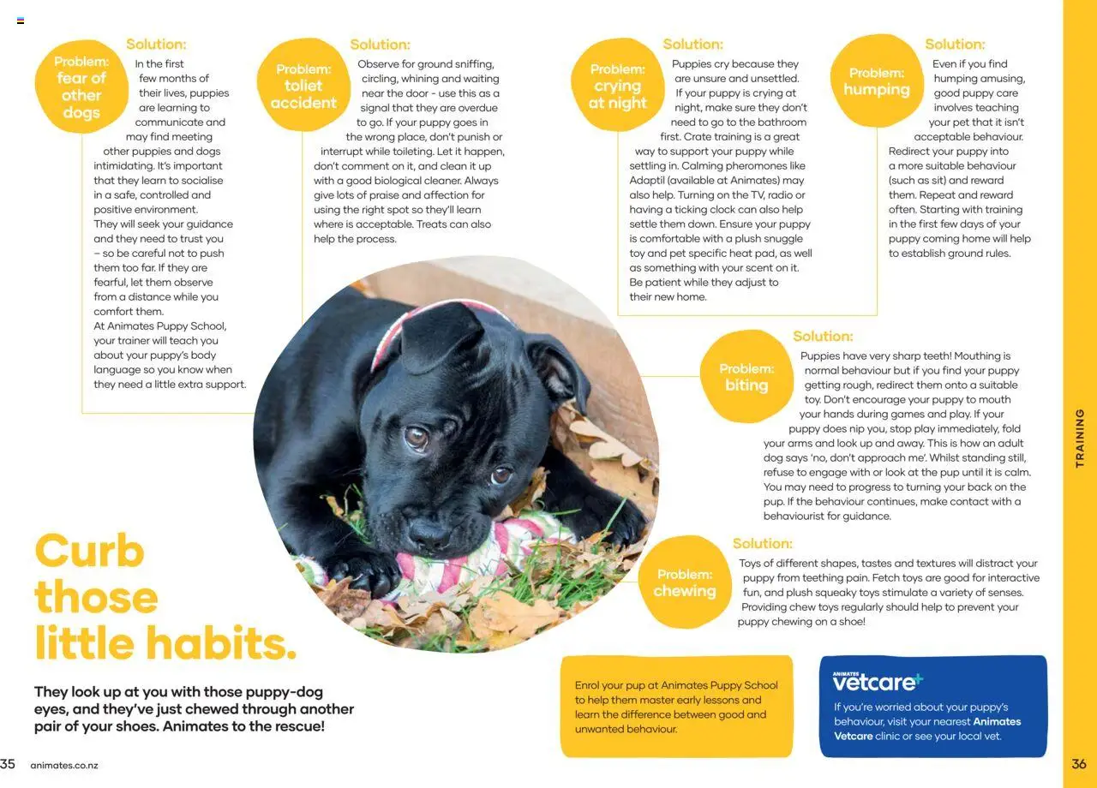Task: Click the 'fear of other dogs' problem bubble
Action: (81, 87)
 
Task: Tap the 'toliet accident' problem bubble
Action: (303, 86)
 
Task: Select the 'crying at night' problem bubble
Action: (617, 86)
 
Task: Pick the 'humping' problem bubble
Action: (876, 81)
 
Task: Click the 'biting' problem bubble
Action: (746, 377)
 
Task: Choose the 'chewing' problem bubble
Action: (685, 582)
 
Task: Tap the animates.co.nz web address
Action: (64, 765)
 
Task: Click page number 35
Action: (8, 764)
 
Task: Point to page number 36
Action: (1079, 764)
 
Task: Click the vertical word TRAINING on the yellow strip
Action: (1080, 438)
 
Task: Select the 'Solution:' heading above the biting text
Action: (823, 337)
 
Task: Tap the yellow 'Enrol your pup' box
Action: (676, 707)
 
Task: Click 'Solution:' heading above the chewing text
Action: (763, 544)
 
